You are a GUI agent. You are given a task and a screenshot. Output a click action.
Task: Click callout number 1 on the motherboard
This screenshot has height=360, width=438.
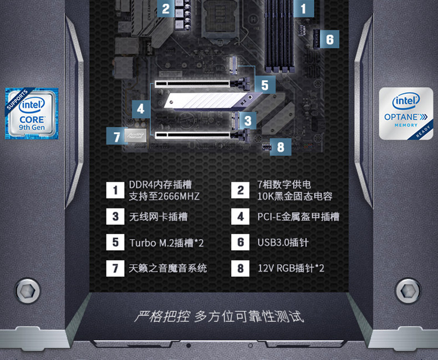(303, 9)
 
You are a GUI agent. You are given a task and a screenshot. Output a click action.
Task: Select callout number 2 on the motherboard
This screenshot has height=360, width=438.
(165, 9)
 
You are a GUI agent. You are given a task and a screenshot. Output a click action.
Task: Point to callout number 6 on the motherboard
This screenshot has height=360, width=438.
(330, 39)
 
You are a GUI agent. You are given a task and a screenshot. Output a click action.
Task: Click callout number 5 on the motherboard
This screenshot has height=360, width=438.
(265, 85)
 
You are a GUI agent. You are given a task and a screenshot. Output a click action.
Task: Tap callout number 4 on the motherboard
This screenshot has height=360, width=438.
(141, 109)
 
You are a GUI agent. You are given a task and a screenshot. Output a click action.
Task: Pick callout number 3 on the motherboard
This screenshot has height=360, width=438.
(247, 120)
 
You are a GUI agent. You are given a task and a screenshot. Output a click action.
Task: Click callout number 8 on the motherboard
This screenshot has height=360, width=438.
(281, 146)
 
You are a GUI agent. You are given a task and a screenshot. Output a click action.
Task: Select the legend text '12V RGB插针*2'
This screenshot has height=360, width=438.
(291, 268)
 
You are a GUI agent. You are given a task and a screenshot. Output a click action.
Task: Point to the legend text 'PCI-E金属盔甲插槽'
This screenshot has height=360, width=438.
(298, 217)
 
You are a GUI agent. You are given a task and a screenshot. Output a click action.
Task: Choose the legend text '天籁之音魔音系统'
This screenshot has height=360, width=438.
(167, 268)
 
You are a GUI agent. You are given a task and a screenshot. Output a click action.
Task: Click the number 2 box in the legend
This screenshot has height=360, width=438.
(240, 191)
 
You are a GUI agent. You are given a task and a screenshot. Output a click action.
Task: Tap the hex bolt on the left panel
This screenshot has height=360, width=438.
(28, 291)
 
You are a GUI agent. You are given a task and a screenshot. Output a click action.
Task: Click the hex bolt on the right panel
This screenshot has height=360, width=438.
(409, 291)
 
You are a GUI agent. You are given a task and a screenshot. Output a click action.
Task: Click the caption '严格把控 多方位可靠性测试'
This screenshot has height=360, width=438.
(219, 317)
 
